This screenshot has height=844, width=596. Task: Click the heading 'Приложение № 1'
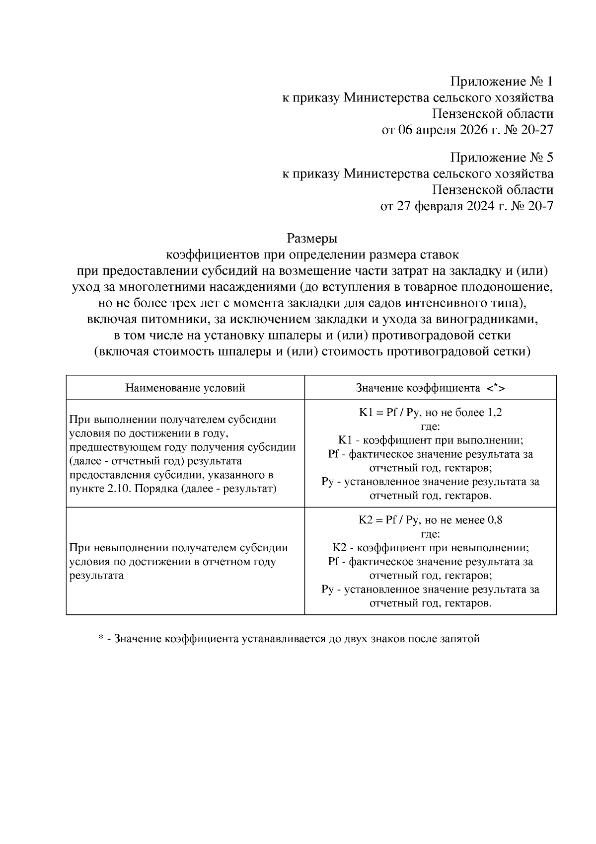[502, 82]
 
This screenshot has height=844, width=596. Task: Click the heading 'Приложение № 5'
[502, 158]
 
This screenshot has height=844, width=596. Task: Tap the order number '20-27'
[536, 130]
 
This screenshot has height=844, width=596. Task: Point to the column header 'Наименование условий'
[185, 388]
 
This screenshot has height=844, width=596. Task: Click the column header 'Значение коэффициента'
[418, 388]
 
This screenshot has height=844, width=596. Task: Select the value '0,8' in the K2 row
[495, 520]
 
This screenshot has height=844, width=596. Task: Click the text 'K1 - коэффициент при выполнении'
[430, 440]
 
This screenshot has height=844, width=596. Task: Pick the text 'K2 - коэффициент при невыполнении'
[430, 548]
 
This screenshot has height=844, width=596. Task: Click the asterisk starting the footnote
[101, 638]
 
